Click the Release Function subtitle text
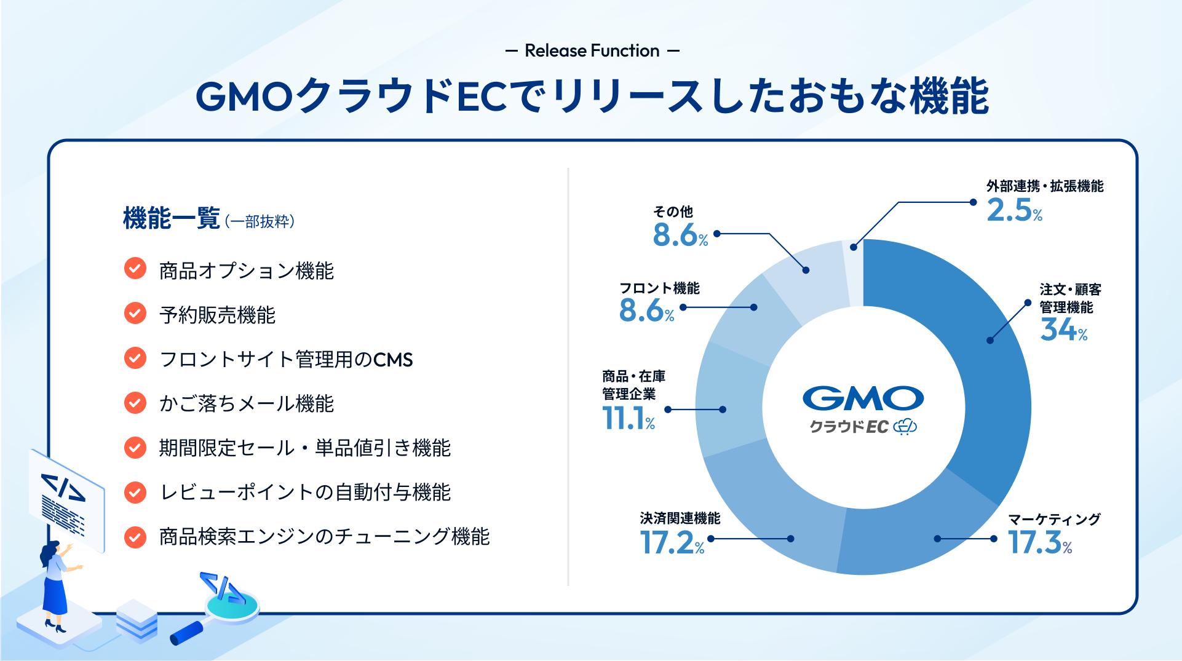pos(592,50)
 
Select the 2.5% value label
pos(1015,210)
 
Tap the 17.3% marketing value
pos(1040,542)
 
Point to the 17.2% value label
pos(672,542)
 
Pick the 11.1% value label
pos(629,418)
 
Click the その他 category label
pos(673,212)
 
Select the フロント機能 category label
pos(659,288)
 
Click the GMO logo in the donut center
pos(863,398)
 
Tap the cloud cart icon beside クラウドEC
pos(905,426)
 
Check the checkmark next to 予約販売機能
pos(135,313)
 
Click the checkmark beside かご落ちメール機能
pos(135,403)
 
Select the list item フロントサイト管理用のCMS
pos(286,359)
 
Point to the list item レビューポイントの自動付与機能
pos(305,492)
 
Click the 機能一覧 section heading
pos(172,218)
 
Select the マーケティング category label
pos(1054,519)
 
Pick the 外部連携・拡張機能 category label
pos(1045,186)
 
